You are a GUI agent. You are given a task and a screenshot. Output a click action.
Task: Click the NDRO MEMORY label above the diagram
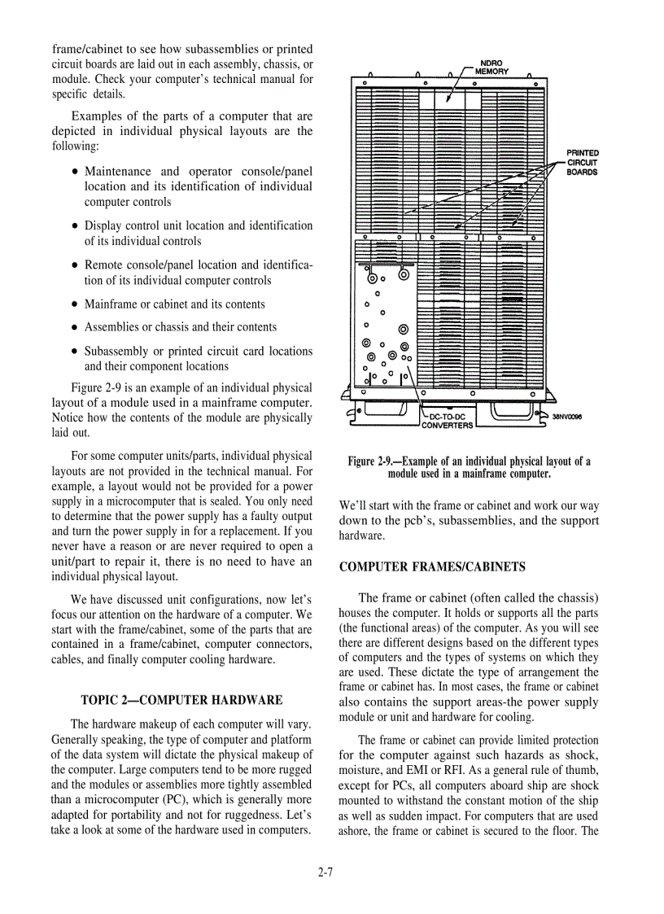pyautogui.click(x=494, y=67)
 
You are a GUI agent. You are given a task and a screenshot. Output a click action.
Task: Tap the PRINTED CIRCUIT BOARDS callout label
pyautogui.click(x=583, y=162)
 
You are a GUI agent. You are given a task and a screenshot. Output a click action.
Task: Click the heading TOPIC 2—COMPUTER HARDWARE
pyautogui.click(x=181, y=699)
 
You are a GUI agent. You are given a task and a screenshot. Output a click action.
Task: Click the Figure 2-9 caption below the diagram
pyautogui.click(x=469, y=467)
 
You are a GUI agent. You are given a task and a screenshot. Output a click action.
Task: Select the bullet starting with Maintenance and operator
pyautogui.click(x=198, y=186)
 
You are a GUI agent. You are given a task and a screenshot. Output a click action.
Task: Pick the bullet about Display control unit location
pyautogui.click(x=198, y=233)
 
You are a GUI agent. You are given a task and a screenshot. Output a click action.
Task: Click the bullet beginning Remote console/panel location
pyautogui.click(x=198, y=273)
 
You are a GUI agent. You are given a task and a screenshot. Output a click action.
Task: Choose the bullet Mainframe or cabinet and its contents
pyautogui.click(x=174, y=304)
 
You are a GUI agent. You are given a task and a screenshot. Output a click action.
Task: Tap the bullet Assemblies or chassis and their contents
pyautogui.click(x=180, y=327)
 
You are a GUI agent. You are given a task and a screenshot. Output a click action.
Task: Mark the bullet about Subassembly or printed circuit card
pyautogui.click(x=198, y=359)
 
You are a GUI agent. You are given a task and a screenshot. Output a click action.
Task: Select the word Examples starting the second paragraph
pyautogui.click(x=95, y=116)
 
